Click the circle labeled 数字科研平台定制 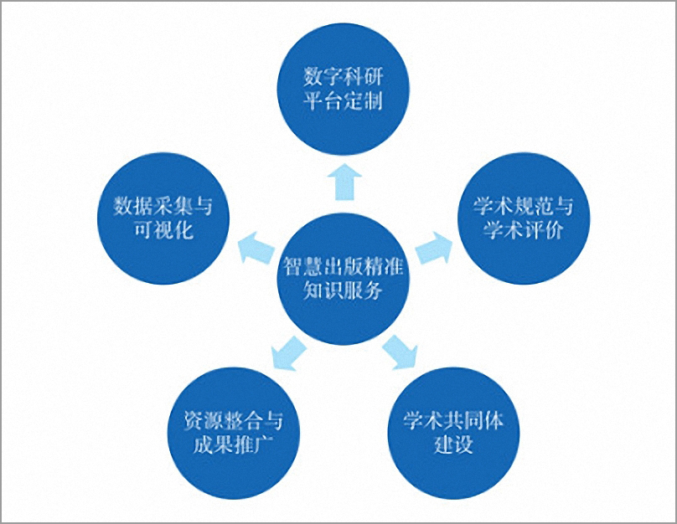click(343, 89)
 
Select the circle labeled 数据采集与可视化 click(163, 218)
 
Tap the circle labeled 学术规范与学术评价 click(524, 218)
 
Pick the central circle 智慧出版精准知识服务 click(343, 279)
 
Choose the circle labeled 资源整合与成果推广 click(234, 433)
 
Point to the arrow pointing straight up click(344, 182)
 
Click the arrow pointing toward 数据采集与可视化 click(256, 248)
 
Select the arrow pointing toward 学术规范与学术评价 click(434, 248)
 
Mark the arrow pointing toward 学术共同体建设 click(400, 352)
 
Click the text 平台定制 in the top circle click(343, 101)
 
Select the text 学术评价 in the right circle click(524, 230)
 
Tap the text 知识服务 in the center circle click(343, 290)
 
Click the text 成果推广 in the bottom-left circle click(234, 444)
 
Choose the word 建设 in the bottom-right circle click(453, 444)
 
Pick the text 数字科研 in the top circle click(343, 77)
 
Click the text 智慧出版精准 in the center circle click(343, 266)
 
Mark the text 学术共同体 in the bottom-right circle click(453, 421)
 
